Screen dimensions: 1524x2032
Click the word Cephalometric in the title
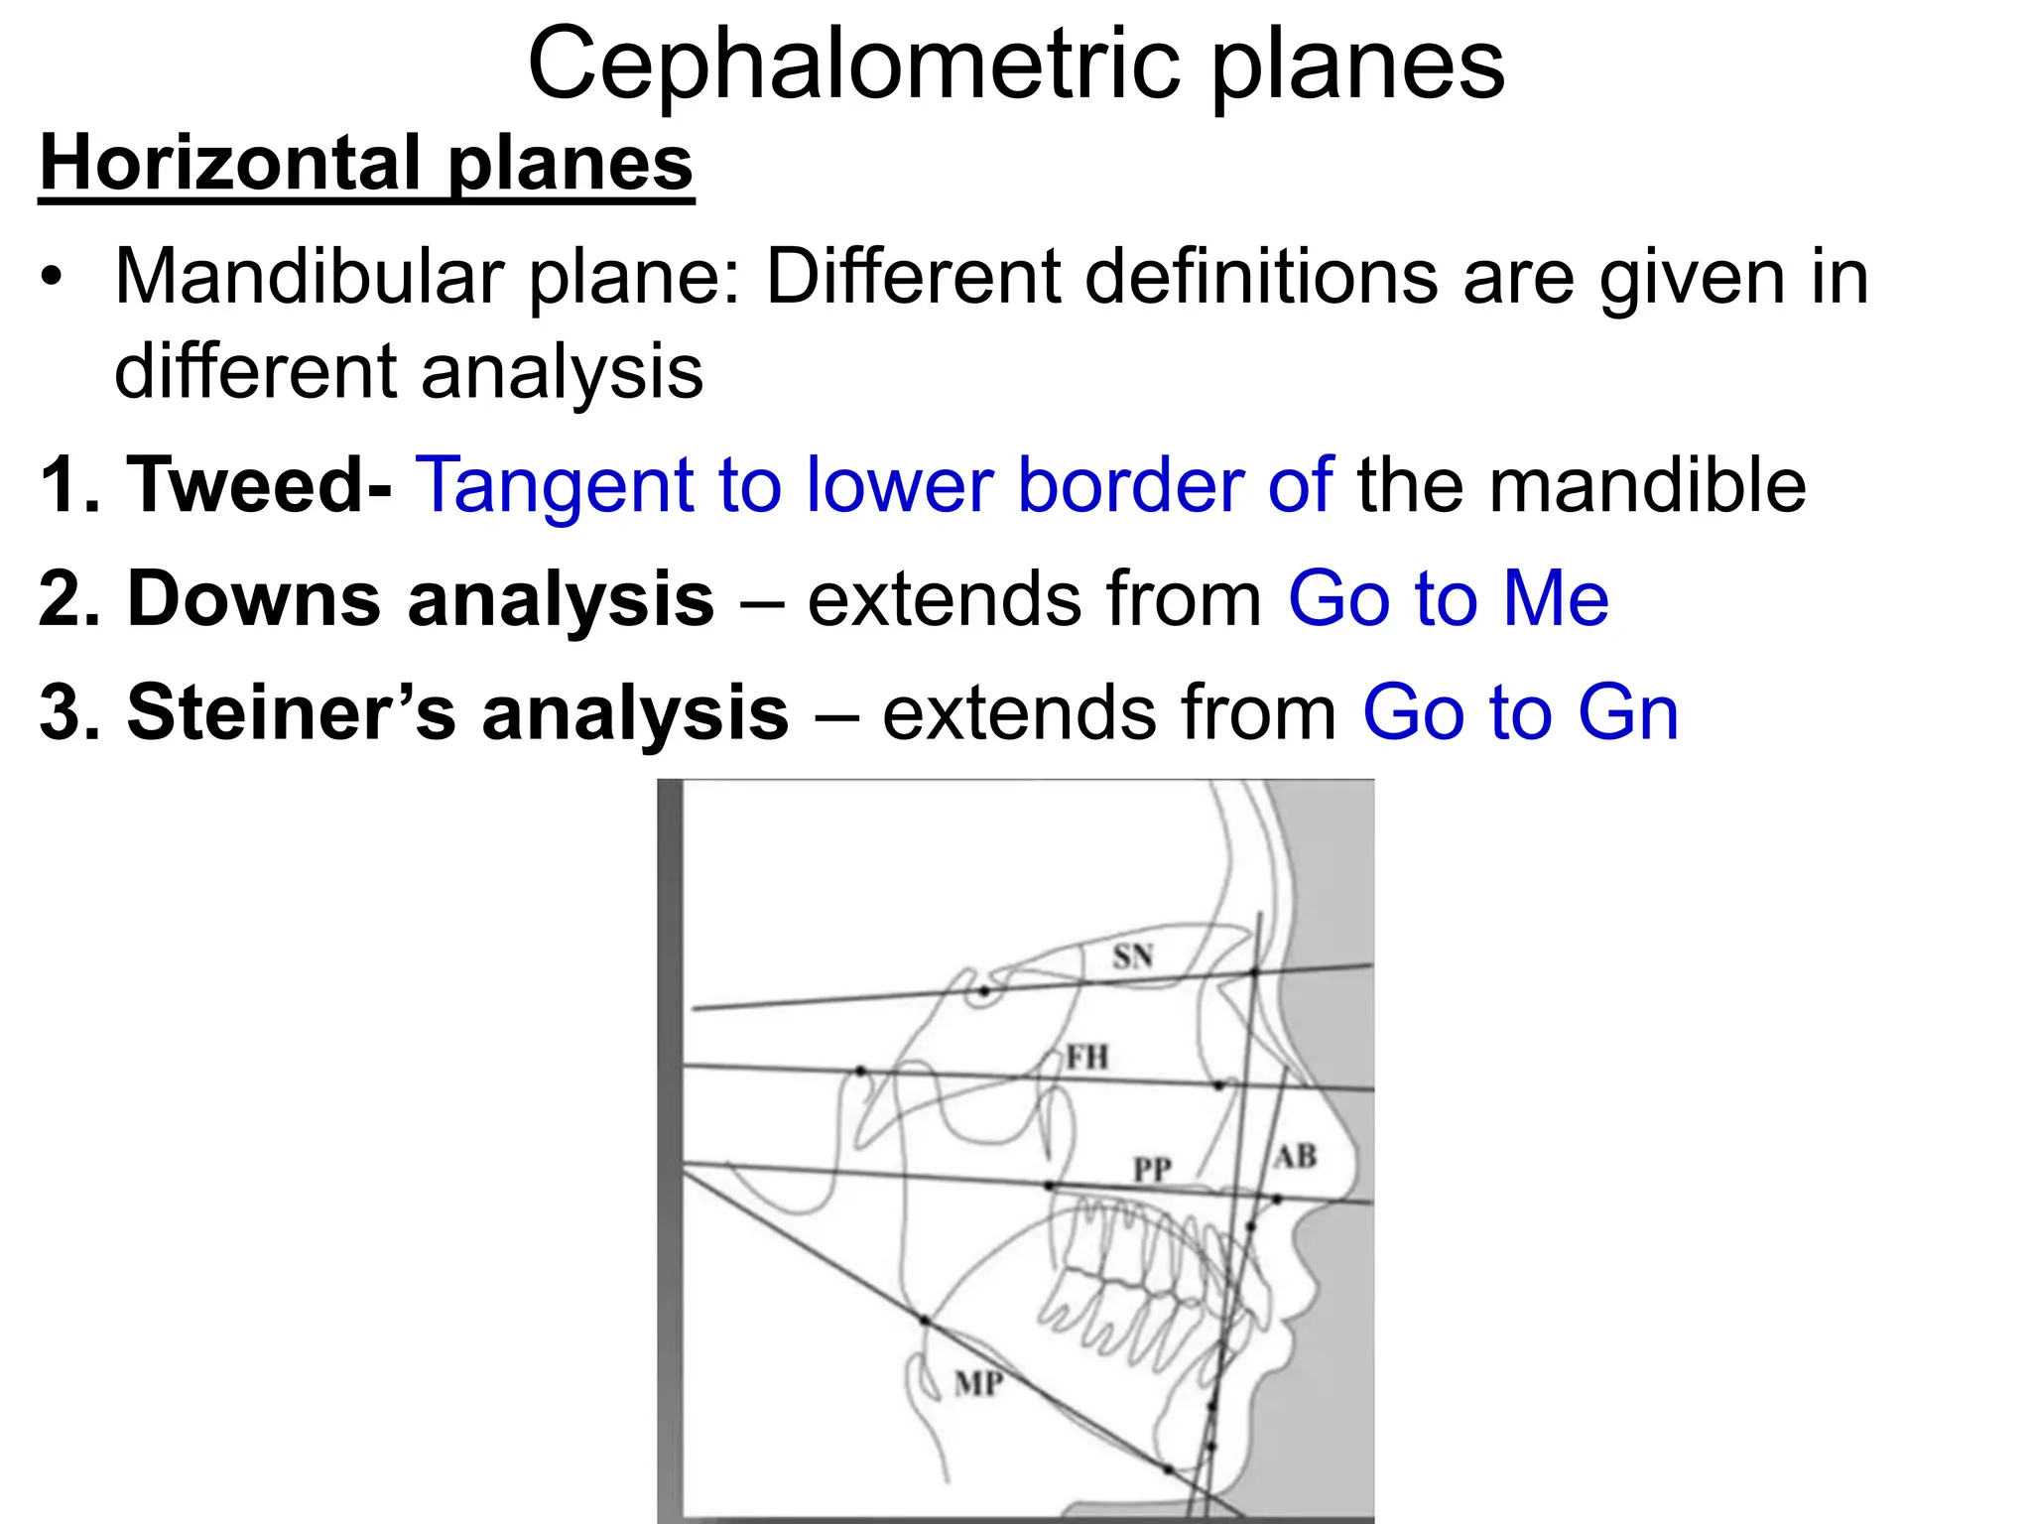click(x=853, y=63)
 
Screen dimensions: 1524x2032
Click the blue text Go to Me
click(x=1448, y=598)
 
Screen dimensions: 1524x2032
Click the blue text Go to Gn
click(x=1520, y=712)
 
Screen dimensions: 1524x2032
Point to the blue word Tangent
click(x=553, y=486)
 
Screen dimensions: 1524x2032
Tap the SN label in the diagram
click(x=1132, y=956)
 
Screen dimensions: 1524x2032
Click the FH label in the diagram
click(x=1086, y=1057)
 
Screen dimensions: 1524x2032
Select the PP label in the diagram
click(x=1152, y=1171)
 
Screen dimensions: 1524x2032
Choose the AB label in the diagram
click(x=1295, y=1157)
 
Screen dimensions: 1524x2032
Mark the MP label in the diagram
click(x=978, y=1383)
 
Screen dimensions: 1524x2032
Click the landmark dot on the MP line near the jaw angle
click(x=924, y=1321)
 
